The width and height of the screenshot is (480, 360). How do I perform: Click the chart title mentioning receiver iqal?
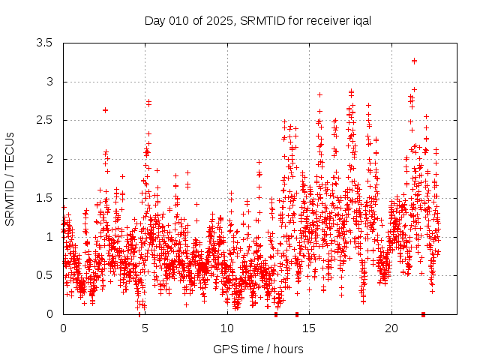coord(258,20)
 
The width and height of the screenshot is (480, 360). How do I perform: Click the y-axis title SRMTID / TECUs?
coord(10,179)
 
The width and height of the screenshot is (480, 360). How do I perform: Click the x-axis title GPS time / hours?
coord(258,349)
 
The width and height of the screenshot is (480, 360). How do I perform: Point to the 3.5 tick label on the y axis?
coord(45,43)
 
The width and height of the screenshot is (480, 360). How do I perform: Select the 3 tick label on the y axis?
coord(49,82)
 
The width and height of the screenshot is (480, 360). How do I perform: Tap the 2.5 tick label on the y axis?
coord(45,121)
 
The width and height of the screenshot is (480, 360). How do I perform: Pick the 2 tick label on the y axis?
coord(49,159)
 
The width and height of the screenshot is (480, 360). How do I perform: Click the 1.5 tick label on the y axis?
coord(45,198)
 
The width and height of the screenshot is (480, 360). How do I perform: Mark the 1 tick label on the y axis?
coord(49,237)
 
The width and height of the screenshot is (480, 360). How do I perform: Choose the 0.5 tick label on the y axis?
coord(45,275)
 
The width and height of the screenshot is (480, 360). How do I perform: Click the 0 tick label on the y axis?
coord(49,314)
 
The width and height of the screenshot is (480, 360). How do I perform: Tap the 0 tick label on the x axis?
coord(63,328)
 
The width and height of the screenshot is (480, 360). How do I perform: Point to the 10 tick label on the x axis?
coord(227,328)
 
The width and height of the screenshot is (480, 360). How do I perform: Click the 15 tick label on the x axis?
coord(310,328)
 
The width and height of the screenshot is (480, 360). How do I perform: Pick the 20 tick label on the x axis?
coord(391,328)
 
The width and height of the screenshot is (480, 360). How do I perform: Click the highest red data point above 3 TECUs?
coord(414,61)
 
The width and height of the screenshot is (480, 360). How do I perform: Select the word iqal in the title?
coord(360,20)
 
